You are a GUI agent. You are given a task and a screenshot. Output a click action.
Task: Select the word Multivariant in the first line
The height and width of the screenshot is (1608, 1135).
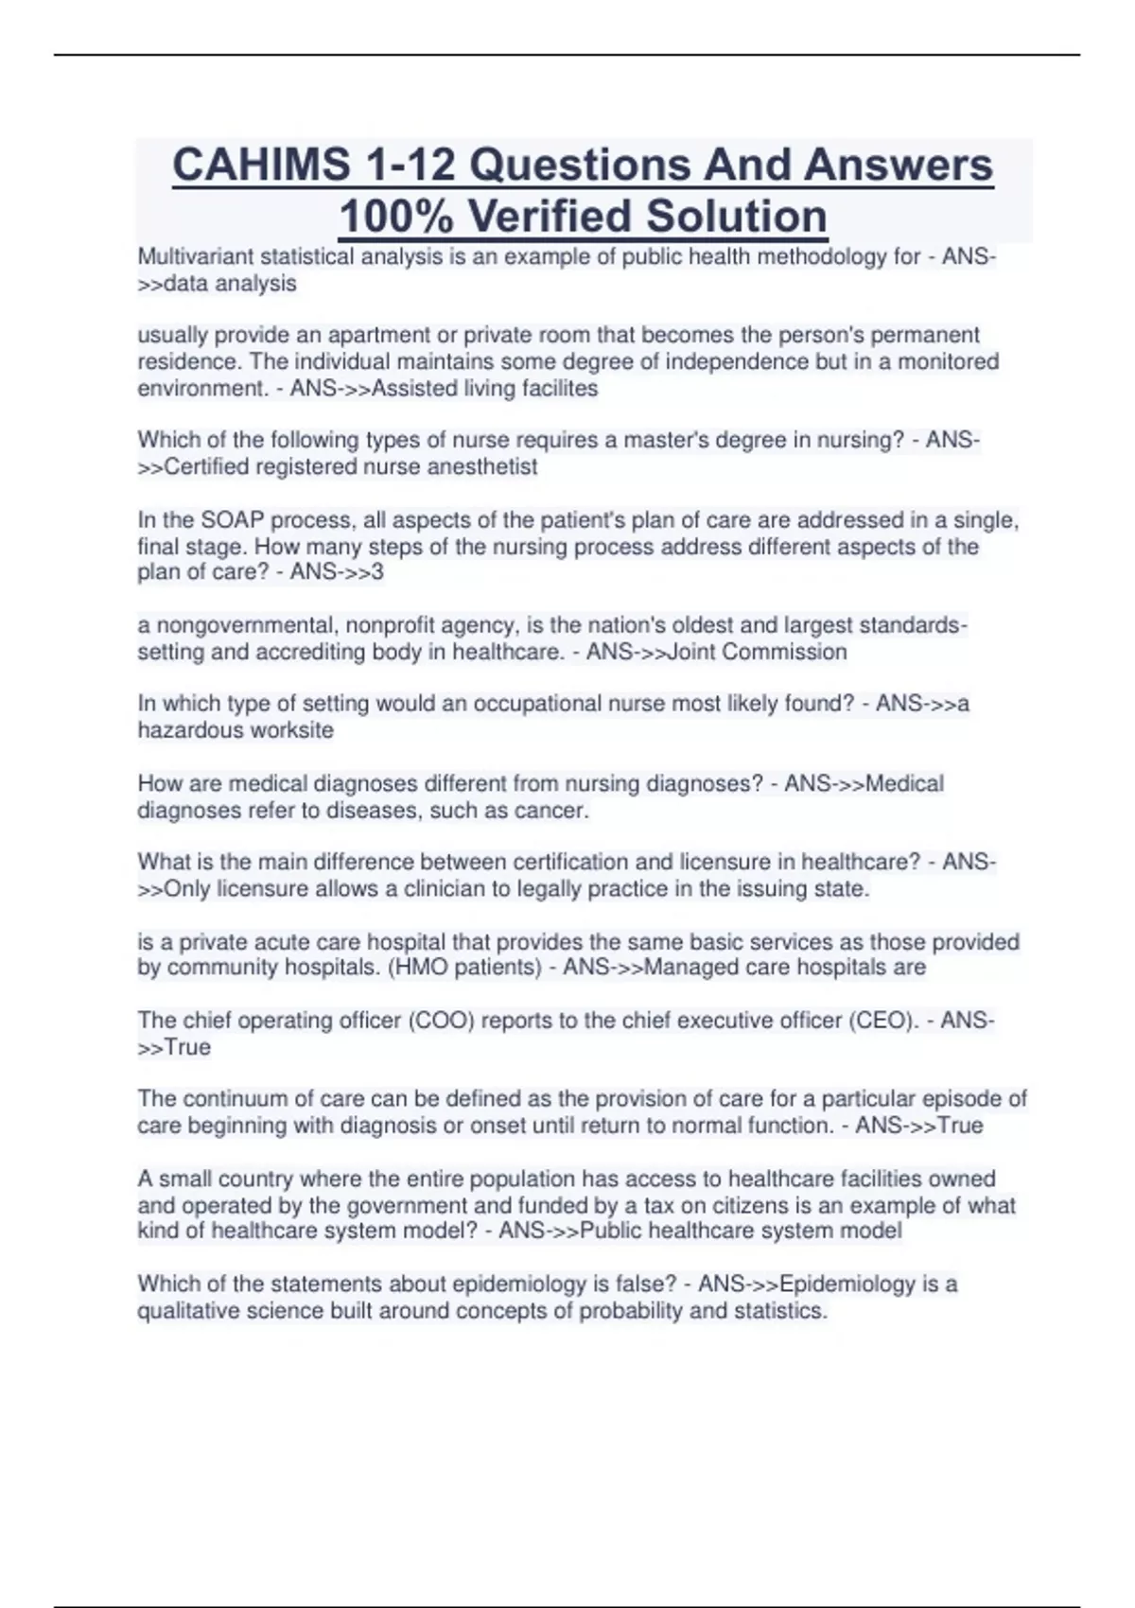point(195,257)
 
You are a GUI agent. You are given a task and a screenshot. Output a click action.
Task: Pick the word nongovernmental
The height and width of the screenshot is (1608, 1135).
point(237,626)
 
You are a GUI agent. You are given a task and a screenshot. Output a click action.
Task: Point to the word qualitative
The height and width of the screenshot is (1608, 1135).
point(189,1312)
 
